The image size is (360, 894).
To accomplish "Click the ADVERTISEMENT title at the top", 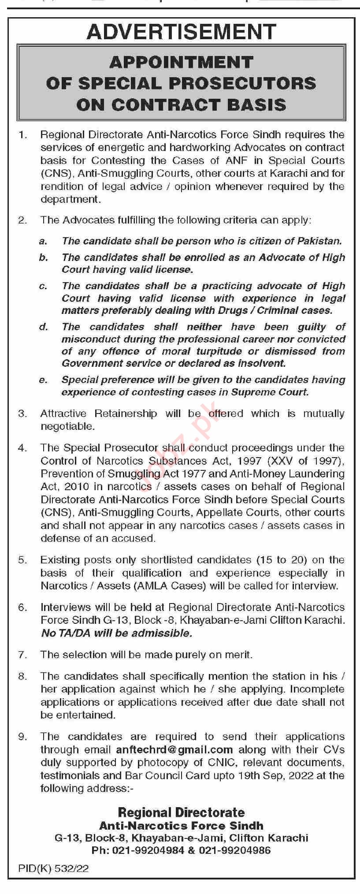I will tap(181, 32).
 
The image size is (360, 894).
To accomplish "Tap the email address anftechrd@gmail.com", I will tap(174, 749).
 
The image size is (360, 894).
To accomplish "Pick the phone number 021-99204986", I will tap(235, 850).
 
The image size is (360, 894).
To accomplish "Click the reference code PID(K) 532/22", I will tap(54, 868).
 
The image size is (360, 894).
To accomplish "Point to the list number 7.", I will tap(22, 655).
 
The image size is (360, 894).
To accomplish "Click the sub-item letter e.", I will tap(43, 380).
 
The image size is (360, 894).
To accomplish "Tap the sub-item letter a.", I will tap(43, 241).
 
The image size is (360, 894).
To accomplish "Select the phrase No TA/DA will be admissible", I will tap(116, 633).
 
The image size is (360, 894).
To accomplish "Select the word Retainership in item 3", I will tap(126, 413).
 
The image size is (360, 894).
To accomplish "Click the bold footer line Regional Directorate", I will tap(181, 812).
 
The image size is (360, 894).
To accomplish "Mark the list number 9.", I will tap(22, 737).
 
